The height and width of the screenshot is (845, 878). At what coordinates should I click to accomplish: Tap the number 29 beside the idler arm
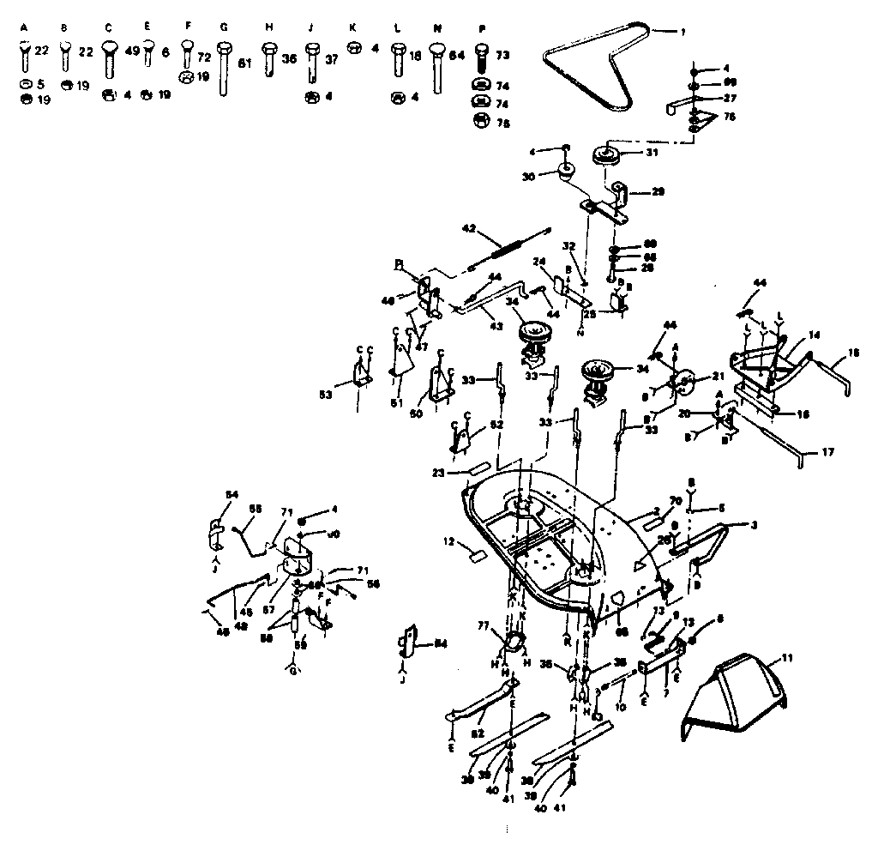pos(658,192)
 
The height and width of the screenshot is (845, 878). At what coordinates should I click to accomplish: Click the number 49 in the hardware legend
pos(132,51)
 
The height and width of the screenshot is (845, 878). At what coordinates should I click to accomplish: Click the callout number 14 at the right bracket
pos(814,335)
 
